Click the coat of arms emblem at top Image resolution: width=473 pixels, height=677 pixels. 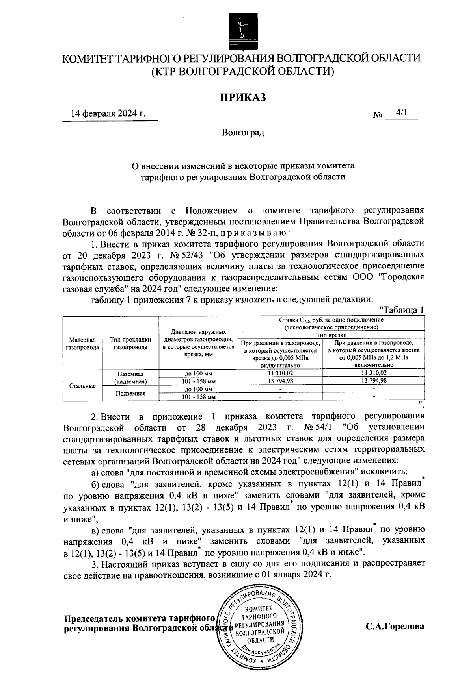click(242, 32)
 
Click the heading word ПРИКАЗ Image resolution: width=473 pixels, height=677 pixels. click(243, 97)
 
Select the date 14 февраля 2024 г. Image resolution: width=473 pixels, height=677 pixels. click(108, 114)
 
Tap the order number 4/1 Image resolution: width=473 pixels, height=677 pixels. click(402, 113)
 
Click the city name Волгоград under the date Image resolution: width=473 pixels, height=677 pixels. click(243, 132)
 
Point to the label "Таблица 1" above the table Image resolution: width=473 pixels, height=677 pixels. click(401, 310)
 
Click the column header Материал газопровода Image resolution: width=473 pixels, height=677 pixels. click(82, 343)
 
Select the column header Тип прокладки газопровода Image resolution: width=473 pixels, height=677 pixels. click(130, 343)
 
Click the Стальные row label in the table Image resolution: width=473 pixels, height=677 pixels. click(82, 386)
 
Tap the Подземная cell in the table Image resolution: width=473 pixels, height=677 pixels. click(130, 393)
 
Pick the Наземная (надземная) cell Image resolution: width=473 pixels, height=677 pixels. click(130, 377)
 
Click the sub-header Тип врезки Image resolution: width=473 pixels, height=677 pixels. click(331, 335)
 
